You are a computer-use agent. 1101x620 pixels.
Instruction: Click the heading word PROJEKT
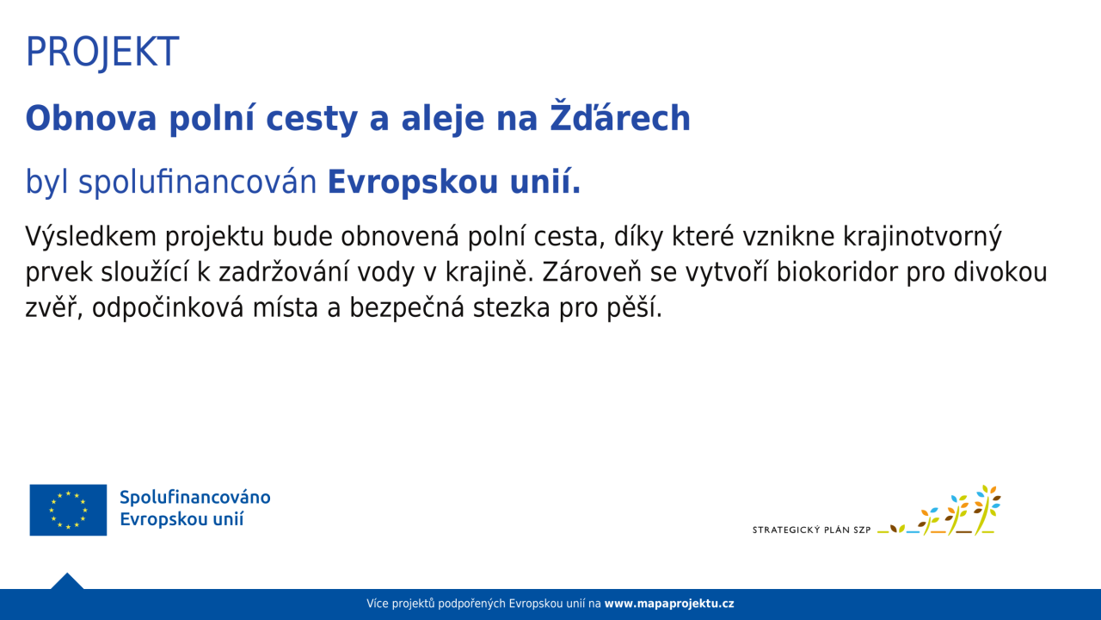coord(102,53)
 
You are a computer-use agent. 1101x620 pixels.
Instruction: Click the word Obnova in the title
coord(91,118)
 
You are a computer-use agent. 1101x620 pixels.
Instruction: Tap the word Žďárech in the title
coord(620,116)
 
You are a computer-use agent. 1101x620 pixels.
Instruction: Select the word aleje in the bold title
coord(443,119)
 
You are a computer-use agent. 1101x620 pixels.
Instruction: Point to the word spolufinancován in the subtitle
coord(198,182)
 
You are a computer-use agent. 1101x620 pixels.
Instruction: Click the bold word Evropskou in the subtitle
coord(414,182)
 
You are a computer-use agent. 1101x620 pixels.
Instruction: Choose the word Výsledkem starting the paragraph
coord(90,236)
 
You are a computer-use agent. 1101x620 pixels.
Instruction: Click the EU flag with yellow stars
coord(68,510)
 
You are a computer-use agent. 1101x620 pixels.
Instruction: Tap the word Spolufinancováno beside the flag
coord(195,498)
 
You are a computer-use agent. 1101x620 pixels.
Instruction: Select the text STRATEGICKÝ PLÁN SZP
coord(811,530)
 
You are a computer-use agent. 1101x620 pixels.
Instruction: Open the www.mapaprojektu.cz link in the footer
coord(669,604)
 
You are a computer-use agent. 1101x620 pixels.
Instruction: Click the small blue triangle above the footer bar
coord(67,581)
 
